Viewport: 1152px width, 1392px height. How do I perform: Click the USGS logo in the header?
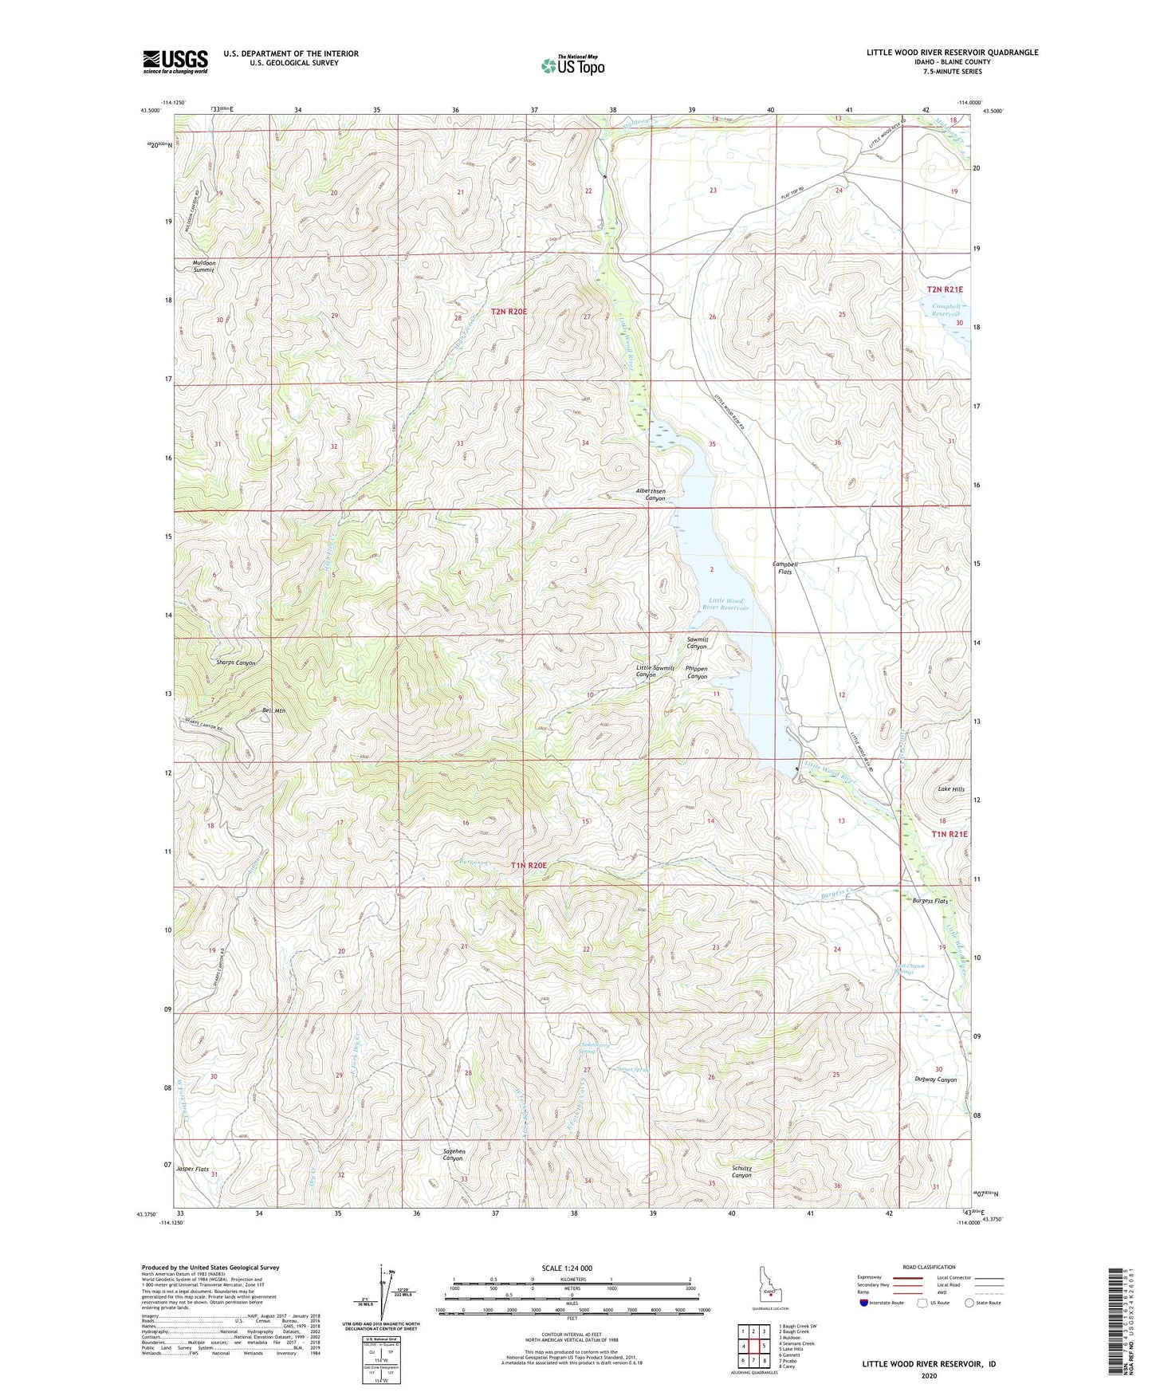(x=175, y=61)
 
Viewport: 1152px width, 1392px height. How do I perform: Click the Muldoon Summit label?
(x=203, y=266)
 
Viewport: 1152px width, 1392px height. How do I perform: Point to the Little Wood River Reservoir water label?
(x=725, y=604)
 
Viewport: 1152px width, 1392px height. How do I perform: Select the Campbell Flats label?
(x=784, y=567)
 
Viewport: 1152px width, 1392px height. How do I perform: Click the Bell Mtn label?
(x=273, y=710)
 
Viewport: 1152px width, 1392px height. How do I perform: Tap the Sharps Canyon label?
(x=235, y=663)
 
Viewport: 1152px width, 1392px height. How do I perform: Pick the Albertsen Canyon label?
(x=651, y=494)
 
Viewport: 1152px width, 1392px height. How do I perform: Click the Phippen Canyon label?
(x=696, y=673)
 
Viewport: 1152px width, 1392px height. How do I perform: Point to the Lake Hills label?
(x=950, y=789)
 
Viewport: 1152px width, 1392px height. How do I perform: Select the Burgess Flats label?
(x=930, y=901)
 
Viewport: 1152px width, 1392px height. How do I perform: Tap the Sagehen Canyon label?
(x=452, y=1154)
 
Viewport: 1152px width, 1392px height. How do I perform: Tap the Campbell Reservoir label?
(x=941, y=310)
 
